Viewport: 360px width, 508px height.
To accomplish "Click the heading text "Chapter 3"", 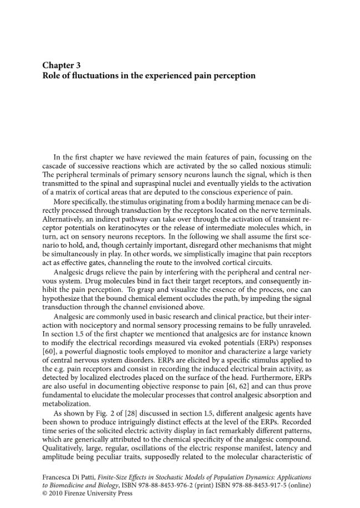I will tap(62, 65).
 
